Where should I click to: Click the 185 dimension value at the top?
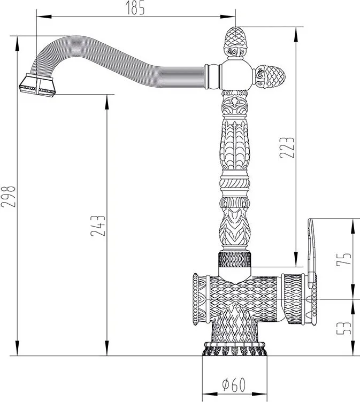click(x=135, y=8)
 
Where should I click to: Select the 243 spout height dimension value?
click(x=98, y=226)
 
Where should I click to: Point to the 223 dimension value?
click(x=287, y=148)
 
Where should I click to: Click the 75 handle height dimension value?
click(x=343, y=259)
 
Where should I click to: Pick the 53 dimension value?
click(x=343, y=328)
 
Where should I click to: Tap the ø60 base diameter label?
click(x=234, y=384)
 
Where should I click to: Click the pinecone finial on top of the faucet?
click(x=235, y=42)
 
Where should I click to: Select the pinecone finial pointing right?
click(x=270, y=76)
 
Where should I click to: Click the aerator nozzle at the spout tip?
click(x=37, y=85)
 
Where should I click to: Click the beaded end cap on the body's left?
click(x=196, y=299)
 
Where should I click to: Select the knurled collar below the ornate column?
click(x=234, y=259)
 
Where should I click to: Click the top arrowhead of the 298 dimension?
click(x=17, y=44)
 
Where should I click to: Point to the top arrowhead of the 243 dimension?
click(x=107, y=102)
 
